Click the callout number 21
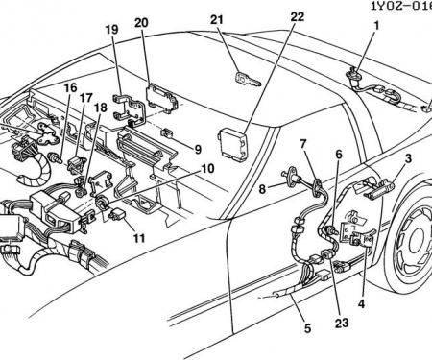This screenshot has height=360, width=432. click(217, 20)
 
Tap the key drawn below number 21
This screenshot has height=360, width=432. click(249, 80)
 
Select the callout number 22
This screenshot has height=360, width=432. click(298, 16)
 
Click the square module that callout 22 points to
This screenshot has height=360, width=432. click(233, 144)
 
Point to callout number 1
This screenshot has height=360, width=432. click(376, 25)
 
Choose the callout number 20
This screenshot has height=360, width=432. click(141, 23)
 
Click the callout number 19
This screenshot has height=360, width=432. click(111, 30)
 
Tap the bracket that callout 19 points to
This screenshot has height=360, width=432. click(130, 108)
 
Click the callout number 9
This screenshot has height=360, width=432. click(198, 149)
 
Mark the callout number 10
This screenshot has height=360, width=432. click(207, 168)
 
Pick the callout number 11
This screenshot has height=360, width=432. click(139, 238)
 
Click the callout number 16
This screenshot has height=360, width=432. click(70, 87)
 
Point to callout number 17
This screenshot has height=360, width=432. click(86, 98)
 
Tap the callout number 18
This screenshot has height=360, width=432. click(101, 108)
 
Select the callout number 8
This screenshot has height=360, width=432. click(262, 189)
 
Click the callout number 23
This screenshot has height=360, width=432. click(341, 323)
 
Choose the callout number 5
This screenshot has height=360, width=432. click(307, 328)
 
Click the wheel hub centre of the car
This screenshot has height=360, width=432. click(417, 243)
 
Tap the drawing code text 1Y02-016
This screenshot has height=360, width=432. click(401, 6)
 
